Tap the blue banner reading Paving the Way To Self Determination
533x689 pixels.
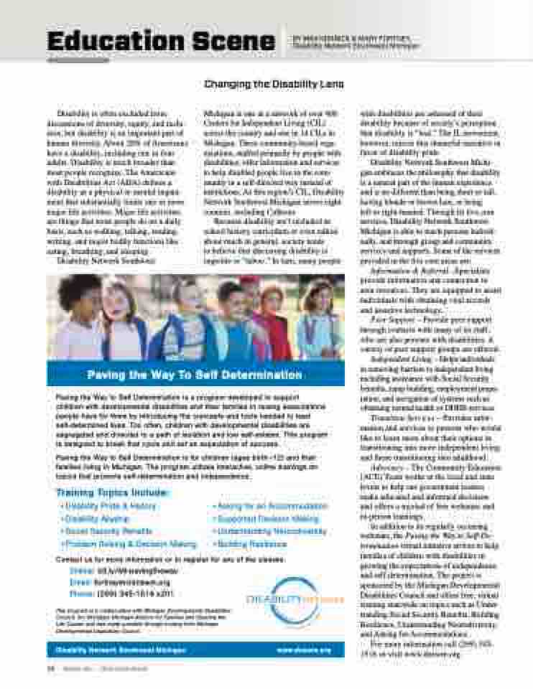[195, 375]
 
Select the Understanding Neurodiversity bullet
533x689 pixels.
[270, 532]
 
